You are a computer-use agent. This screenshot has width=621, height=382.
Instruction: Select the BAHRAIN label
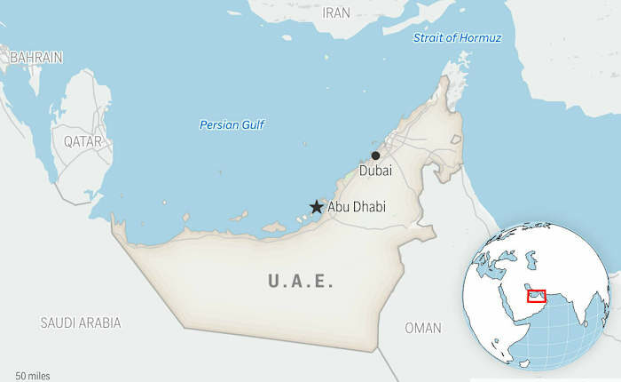[36, 57]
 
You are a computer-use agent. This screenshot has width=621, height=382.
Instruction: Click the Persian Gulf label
[232, 124]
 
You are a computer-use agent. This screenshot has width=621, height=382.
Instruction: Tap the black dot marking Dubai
[375, 155]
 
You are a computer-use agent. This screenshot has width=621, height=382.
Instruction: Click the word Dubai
[375, 171]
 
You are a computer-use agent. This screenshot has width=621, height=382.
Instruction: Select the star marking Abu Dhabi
[316, 206]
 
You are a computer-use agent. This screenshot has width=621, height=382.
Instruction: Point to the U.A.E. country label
[301, 282]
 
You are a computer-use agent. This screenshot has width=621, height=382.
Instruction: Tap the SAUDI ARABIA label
[81, 322]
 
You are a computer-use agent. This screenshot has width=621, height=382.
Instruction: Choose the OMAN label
[422, 328]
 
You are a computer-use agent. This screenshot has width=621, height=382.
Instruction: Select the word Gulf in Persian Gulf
[252, 124]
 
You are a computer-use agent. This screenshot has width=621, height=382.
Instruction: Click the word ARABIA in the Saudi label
[99, 322]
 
